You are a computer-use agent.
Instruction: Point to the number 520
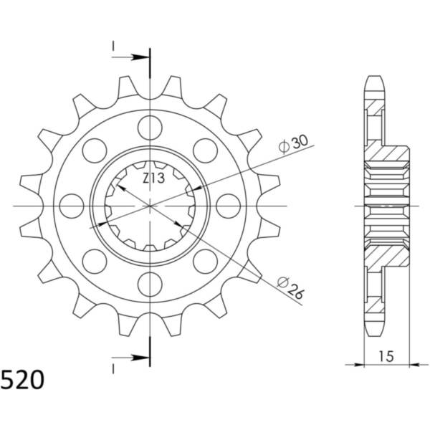coord(21,378)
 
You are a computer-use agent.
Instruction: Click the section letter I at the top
coord(113,47)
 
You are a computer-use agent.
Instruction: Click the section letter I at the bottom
coord(113,368)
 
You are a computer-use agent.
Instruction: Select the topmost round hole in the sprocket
coord(150,128)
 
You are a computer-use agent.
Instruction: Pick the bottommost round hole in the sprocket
coord(150,285)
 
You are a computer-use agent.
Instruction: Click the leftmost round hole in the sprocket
coord(72,206)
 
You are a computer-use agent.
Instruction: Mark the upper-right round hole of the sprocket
coord(205,150)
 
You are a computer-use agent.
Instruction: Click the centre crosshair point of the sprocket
coord(150,206)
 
